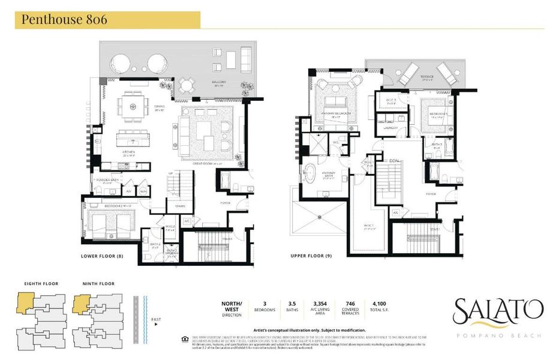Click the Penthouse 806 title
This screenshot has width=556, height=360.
click(65, 19)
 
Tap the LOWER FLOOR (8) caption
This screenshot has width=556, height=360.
click(103, 256)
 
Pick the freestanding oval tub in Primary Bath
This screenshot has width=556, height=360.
click(312, 172)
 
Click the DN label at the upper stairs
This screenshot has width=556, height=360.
click(394, 161)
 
